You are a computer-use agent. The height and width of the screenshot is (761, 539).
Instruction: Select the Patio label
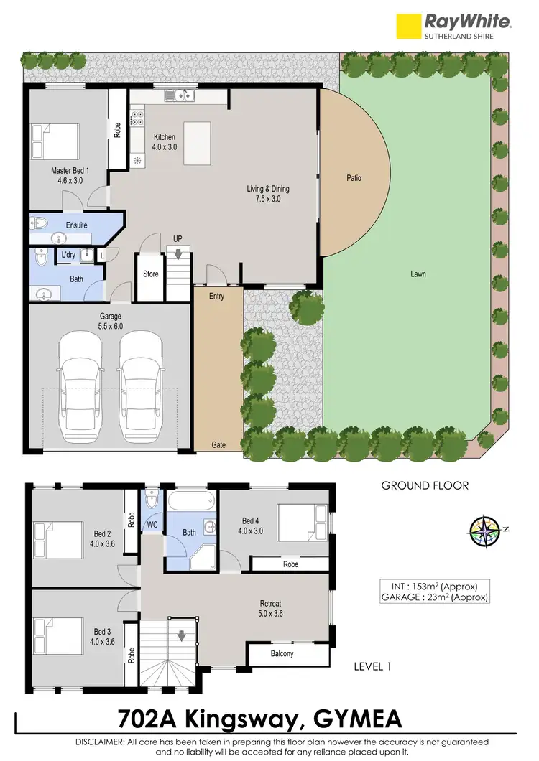click(x=354, y=178)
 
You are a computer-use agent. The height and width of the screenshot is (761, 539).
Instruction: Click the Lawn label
click(x=418, y=274)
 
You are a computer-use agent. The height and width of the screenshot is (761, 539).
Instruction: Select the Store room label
click(x=150, y=274)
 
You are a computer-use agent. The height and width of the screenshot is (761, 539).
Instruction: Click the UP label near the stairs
click(x=177, y=238)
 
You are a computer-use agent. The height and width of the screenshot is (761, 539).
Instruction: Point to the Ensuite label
click(x=76, y=225)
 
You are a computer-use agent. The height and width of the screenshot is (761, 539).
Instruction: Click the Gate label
click(x=218, y=445)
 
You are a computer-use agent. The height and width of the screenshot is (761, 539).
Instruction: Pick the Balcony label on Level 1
click(x=282, y=653)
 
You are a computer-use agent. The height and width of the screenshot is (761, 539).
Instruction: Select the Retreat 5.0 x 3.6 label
click(x=270, y=609)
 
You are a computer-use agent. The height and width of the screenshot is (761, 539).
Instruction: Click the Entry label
click(x=216, y=296)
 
